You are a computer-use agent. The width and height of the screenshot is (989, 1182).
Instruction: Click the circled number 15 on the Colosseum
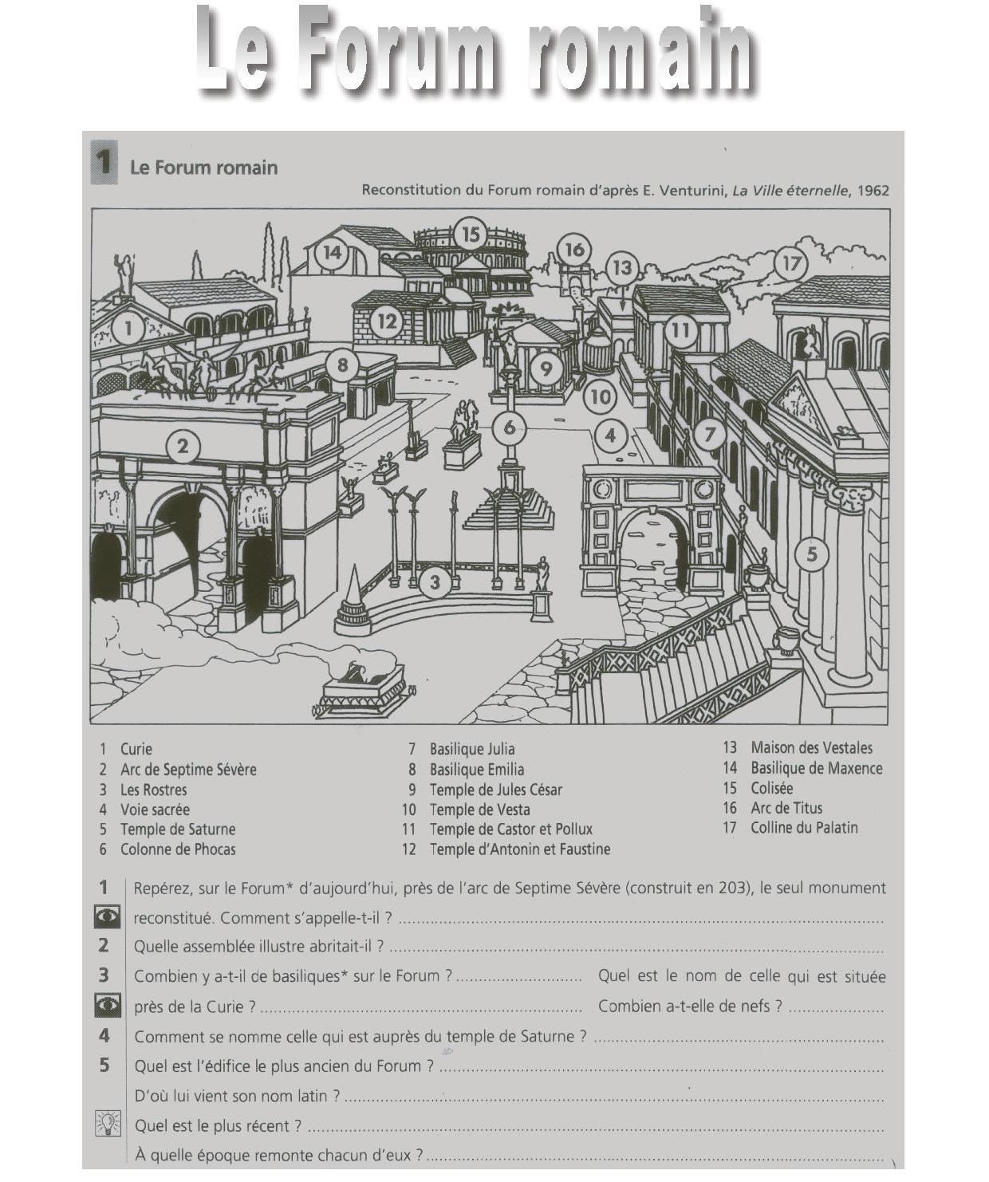click(x=471, y=234)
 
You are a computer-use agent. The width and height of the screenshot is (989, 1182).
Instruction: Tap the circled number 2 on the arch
click(x=183, y=446)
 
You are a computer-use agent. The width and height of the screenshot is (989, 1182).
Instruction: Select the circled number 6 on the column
click(x=510, y=427)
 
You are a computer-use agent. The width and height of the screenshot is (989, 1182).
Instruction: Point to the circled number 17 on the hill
click(x=790, y=264)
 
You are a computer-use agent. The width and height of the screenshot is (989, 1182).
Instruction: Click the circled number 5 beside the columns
click(x=812, y=554)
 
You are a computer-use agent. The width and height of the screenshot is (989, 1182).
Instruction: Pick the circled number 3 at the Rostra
click(x=435, y=582)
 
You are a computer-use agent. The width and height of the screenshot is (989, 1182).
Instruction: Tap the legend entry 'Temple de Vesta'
click(x=479, y=810)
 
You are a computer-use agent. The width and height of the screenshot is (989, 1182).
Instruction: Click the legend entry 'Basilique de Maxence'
click(x=816, y=769)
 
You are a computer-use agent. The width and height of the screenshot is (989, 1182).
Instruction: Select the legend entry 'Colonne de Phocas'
click(x=178, y=849)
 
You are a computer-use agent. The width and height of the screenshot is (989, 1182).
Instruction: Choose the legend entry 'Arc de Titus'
click(x=786, y=808)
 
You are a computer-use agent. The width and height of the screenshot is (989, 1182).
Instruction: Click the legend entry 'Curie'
click(x=136, y=749)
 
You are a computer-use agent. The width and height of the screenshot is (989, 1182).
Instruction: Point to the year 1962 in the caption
click(x=873, y=191)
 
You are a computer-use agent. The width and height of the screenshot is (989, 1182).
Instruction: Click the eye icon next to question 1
click(x=108, y=917)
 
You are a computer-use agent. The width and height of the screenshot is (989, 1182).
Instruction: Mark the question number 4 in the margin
click(x=104, y=1036)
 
